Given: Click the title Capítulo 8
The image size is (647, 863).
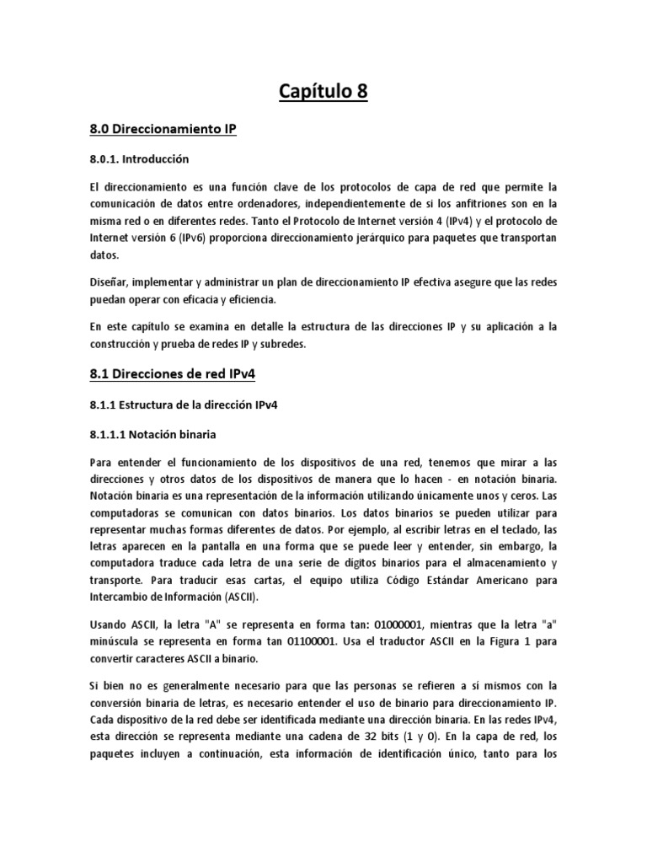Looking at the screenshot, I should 323,91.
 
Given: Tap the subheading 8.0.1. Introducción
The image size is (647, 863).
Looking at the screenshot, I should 139,158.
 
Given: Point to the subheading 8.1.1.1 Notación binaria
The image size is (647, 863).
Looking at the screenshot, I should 152,434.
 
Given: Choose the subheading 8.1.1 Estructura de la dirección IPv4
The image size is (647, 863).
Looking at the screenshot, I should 183,405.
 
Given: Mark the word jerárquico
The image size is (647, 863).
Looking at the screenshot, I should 349,239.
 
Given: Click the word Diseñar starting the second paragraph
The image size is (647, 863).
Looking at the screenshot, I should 109,281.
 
